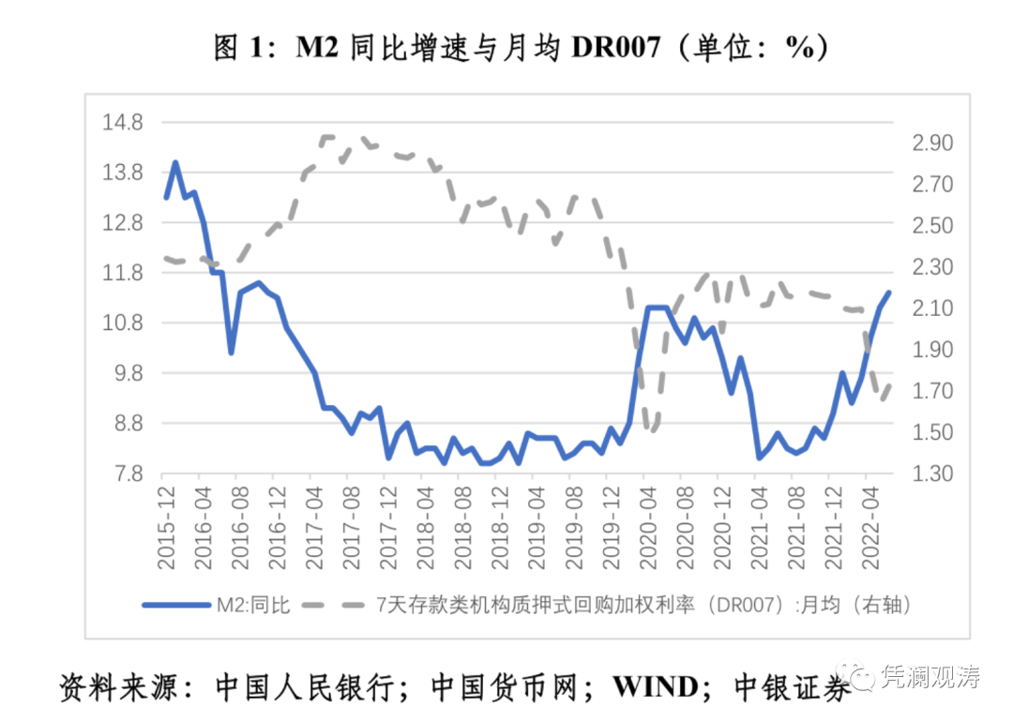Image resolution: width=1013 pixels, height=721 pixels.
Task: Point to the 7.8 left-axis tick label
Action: point(129,473)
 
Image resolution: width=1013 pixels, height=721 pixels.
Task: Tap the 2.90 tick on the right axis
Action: point(929,143)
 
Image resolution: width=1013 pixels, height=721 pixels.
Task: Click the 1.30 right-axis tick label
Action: point(929,473)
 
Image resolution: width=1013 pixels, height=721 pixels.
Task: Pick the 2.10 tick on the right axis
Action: point(929,308)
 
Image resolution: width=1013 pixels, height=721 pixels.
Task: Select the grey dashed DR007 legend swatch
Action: point(334,605)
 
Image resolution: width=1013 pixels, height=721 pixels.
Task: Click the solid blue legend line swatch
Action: point(175,605)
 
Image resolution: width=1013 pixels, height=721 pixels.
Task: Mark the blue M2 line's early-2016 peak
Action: point(175,162)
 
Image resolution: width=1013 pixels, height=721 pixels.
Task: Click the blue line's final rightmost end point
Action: point(888,293)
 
